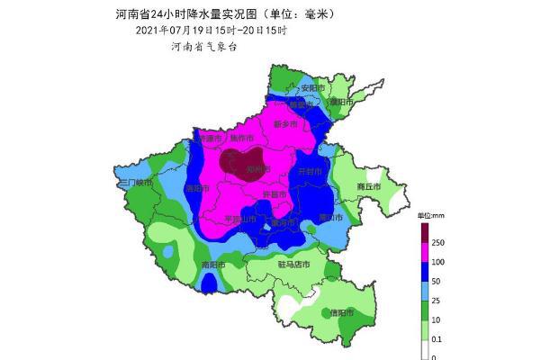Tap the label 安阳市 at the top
(311, 88)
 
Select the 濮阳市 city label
(340, 102)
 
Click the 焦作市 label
(242, 139)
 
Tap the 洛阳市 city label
(195, 189)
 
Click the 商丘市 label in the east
(369, 187)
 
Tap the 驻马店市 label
(293, 265)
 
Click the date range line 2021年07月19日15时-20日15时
(212, 30)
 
